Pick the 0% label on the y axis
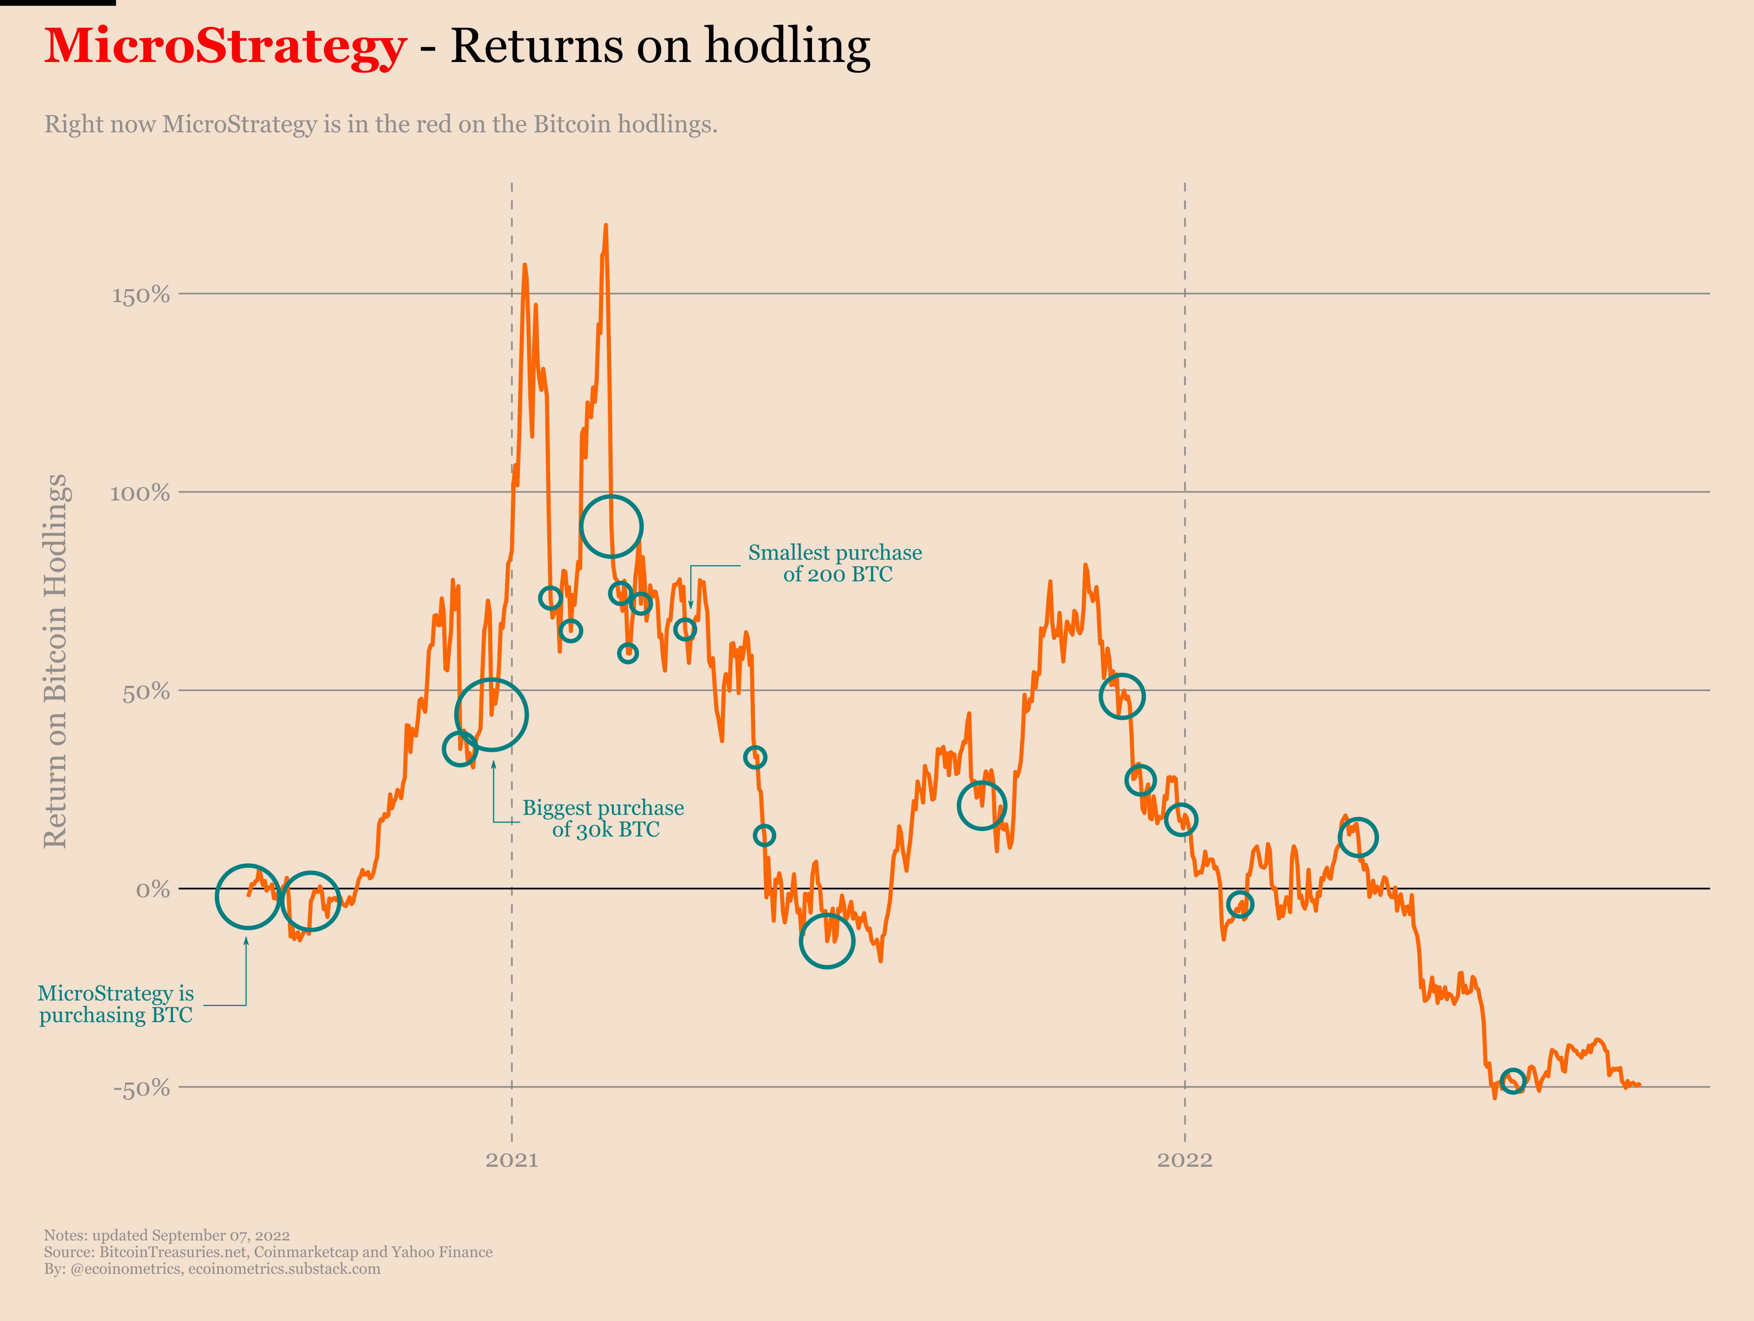pyautogui.click(x=152, y=890)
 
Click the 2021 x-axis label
pyautogui.click(x=511, y=1160)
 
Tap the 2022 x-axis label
pyautogui.click(x=1185, y=1160)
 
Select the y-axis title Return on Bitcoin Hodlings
pyautogui.click(x=55, y=661)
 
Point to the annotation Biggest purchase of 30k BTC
pyautogui.click(x=603, y=818)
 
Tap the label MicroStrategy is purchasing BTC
pyautogui.click(x=116, y=1004)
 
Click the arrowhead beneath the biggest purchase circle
pyautogui.click(x=493, y=764)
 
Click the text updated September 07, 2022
pyautogui.click(x=190, y=1235)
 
